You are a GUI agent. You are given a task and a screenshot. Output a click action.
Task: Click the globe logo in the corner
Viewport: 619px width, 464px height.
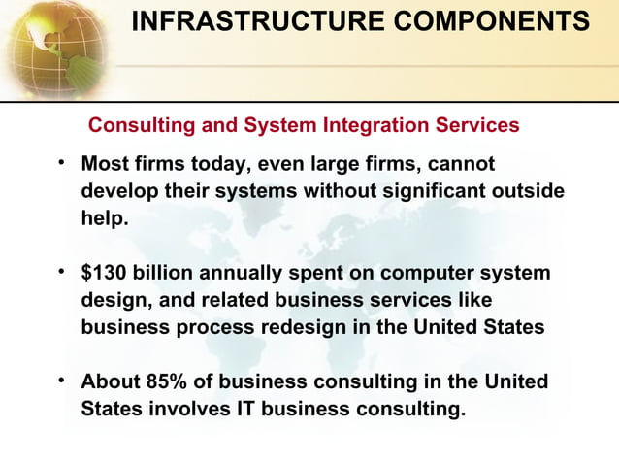click(53, 44)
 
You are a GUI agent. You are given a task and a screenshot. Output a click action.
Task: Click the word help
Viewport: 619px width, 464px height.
click(104, 218)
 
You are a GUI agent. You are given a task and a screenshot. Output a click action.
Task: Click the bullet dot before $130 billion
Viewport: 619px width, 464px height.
click(62, 272)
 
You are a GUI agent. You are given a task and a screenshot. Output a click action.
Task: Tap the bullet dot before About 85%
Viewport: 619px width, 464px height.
click(62, 381)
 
